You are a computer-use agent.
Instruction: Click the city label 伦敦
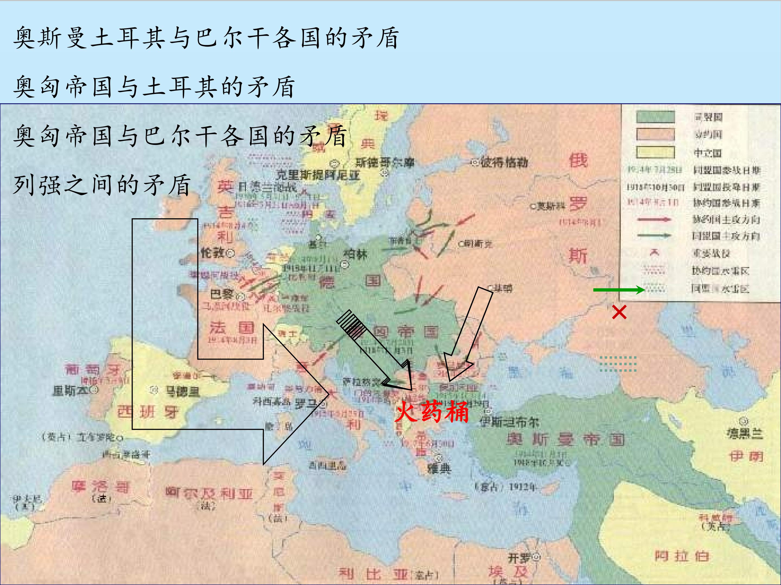tap(213, 252)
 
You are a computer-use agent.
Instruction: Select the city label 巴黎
tap(222, 294)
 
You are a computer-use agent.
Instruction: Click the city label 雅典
tap(439, 469)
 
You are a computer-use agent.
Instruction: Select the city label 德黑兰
tap(745, 433)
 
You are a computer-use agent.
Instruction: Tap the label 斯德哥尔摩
tap(385, 162)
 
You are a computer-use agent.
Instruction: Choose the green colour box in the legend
tap(655, 117)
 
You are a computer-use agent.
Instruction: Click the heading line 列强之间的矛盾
tap(103, 185)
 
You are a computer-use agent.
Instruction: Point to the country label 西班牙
tap(148, 411)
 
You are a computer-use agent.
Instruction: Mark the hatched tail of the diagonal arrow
tap(350, 322)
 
